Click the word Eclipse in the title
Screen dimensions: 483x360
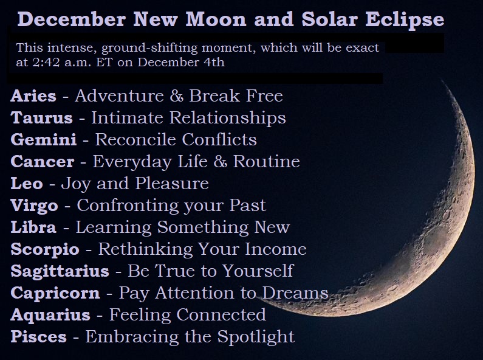405,19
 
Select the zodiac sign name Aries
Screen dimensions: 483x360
33,96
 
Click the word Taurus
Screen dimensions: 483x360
41,118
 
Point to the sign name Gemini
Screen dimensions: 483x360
43,140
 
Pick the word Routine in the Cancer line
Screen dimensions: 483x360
267,162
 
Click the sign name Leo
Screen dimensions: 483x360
27,184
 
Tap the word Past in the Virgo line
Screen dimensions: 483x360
247,206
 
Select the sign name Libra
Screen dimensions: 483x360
33,227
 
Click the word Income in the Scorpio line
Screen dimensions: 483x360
276,249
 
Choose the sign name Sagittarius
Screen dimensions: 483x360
60,271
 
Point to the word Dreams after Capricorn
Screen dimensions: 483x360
295,293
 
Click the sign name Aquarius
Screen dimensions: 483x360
50,315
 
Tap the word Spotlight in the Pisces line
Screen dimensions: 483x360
256,337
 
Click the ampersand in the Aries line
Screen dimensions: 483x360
176,96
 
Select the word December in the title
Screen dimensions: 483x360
72,19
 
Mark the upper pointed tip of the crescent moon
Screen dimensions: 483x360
442,81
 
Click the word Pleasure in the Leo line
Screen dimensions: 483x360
172,184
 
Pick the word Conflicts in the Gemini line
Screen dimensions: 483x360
219,140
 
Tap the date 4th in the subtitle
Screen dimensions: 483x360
214,62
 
